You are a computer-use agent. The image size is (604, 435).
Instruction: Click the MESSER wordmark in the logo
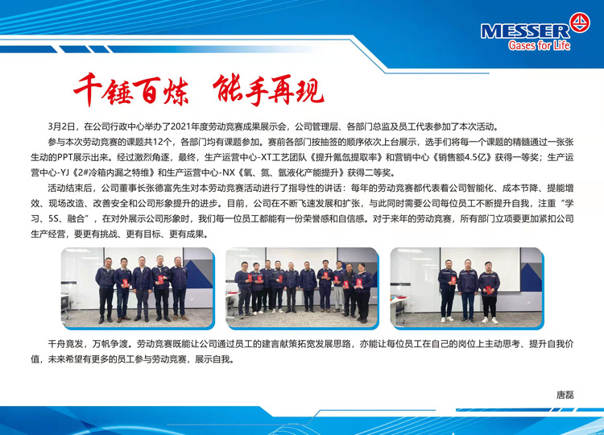(525, 31)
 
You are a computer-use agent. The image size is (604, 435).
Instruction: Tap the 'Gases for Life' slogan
(539, 45)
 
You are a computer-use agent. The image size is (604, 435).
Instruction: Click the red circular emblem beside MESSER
(579, 22)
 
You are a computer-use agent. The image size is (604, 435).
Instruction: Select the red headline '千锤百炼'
(131, 89)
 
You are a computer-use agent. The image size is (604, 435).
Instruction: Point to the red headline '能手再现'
(268, 89)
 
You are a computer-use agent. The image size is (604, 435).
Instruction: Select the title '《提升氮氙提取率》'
(345, 158)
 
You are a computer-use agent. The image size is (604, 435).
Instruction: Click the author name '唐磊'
(565, 395)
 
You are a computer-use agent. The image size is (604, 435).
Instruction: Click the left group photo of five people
(138, 288)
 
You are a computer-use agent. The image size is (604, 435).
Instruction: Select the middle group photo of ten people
(302, 288)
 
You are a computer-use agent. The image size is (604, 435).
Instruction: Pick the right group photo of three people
(466, 288)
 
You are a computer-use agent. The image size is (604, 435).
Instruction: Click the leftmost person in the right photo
(447, 291)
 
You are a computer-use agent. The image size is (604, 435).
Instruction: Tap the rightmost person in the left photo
(178, 288)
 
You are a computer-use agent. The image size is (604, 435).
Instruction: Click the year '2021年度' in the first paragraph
(188, 126)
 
